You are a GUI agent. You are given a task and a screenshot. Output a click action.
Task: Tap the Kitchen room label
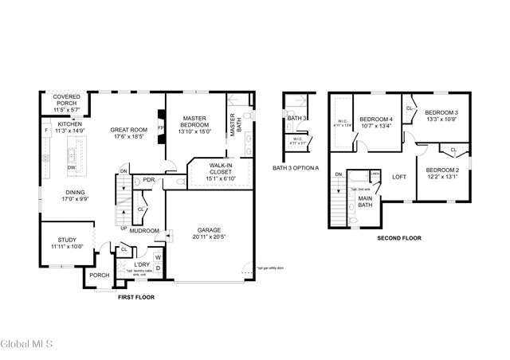click(69, 124)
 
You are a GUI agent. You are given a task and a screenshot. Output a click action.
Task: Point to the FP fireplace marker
click(161, 128)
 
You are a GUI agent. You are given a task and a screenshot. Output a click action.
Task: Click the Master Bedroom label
click(194, 121)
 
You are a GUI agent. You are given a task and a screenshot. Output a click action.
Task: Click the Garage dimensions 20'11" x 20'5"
click(210, 237)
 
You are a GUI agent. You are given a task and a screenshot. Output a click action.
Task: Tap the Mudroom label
click(145, 231)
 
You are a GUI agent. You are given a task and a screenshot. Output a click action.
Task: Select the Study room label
click(67, 240)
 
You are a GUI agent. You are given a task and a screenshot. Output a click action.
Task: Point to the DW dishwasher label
click(72, 167)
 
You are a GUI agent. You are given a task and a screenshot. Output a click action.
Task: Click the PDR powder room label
click(148, 180)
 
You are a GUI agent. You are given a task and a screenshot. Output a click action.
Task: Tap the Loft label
click(399, 177)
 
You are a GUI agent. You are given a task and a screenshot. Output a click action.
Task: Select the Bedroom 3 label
click(440, 112)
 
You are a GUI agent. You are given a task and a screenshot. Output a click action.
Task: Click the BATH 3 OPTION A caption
click(296, 168)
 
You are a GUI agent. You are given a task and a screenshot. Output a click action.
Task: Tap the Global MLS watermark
click(27, 345)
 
